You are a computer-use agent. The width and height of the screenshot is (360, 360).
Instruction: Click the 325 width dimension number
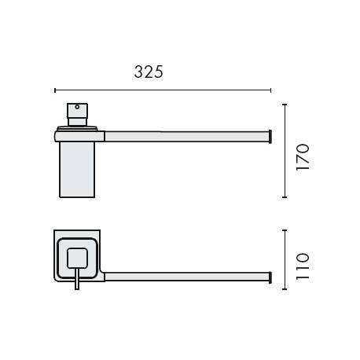(148, 72)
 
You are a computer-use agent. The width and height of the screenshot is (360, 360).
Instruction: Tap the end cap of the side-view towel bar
(271, 136)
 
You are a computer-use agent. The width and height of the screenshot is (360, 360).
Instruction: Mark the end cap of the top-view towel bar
(271, 277)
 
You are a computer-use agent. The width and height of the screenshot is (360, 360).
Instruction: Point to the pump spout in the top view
(76, 281)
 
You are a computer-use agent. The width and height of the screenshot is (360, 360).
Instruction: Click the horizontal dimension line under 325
(163, 90)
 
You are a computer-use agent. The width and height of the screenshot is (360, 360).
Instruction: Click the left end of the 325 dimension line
(55, 90)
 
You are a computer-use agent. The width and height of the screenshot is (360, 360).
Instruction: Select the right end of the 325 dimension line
(271, 90)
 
